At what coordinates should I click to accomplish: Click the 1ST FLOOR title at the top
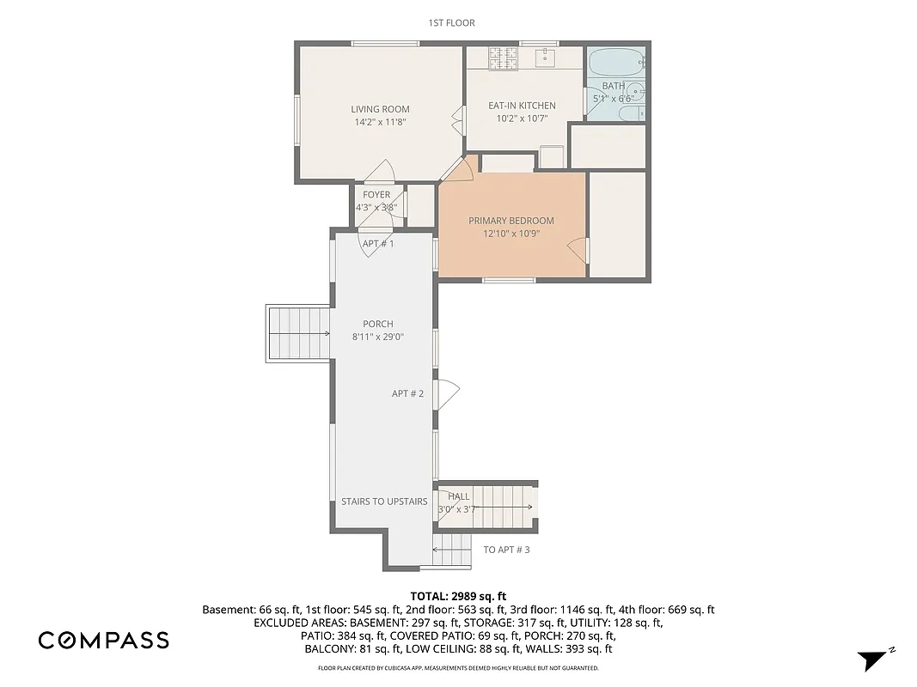tap(451, 23)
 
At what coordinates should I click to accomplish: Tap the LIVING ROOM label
tap(380, 109)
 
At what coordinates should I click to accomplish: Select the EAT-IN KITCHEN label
tap(522, 106)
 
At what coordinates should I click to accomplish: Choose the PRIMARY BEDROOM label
tap(510, 221)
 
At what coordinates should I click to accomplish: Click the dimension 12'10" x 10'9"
tap(510, 234)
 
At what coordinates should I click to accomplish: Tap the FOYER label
tap(376, 195)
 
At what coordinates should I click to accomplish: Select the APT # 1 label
tap(378, 244)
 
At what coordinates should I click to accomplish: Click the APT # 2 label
tap(408, 393)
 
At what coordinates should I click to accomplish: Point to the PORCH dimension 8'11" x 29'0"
tap(378, 337)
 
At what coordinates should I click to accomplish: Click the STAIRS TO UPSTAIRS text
tap(384, 502)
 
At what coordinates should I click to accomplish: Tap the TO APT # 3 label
tap(506, 550)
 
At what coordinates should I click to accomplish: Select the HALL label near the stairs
tap(458, 496)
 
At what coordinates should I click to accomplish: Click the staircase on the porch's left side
tap(297, 333)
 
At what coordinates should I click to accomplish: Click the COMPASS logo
tap(103, 640)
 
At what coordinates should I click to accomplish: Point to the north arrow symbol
tap(871, 660)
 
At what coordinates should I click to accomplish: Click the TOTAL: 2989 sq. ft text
tap(458, 595)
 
